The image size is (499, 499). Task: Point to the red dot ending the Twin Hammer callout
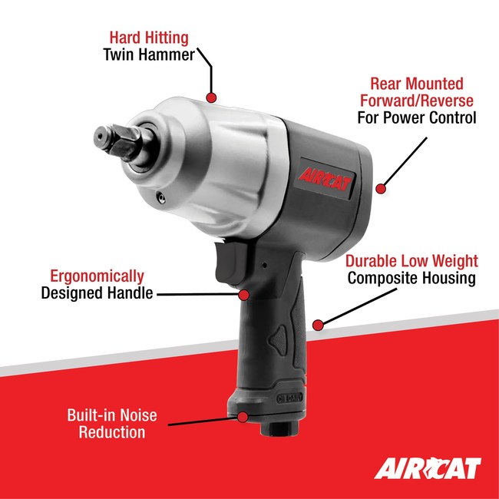click(212, 97)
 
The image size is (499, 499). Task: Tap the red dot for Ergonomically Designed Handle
click(243, 293)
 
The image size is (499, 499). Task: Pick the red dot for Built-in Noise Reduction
click(243, 417)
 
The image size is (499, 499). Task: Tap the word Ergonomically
click(97, 276)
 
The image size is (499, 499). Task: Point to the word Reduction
click(111, 432)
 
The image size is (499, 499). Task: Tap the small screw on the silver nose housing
click(159, 197)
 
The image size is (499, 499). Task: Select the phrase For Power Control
click(417, 118)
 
